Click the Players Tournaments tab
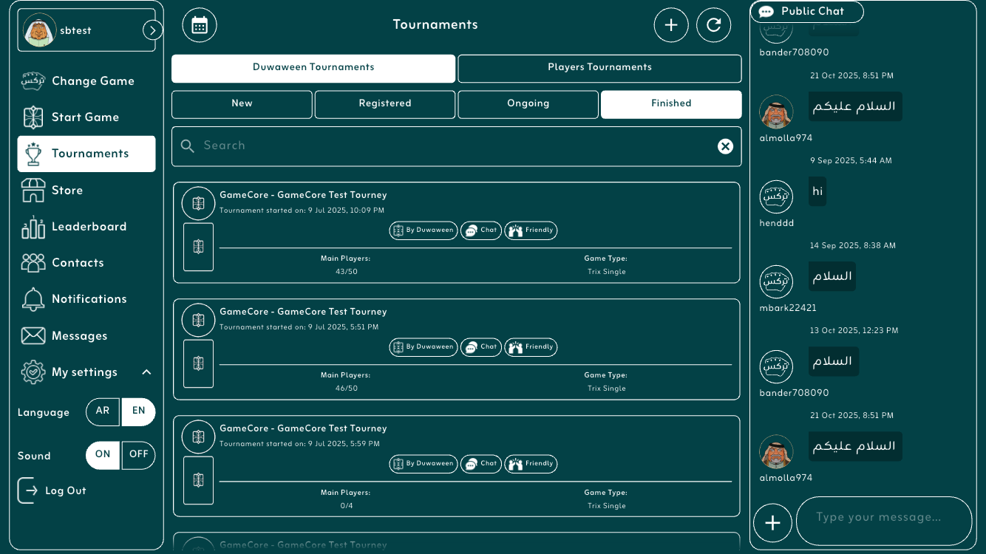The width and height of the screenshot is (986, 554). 599,68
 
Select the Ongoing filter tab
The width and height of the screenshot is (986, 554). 528,104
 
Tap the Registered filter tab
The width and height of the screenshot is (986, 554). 385,104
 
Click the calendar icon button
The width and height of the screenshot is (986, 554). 200,25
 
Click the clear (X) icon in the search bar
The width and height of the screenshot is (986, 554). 725,146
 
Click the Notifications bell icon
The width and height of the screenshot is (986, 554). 33,299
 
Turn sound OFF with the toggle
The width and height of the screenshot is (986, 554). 139,455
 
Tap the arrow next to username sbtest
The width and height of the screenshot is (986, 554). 152,30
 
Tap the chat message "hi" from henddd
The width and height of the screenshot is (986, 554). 817,191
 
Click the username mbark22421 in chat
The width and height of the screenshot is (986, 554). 788,308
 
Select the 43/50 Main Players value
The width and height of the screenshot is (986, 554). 347,272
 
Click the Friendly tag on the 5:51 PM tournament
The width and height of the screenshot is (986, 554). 531,347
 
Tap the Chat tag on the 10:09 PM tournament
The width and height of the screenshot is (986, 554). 481,230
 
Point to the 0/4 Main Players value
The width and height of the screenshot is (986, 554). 347,506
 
